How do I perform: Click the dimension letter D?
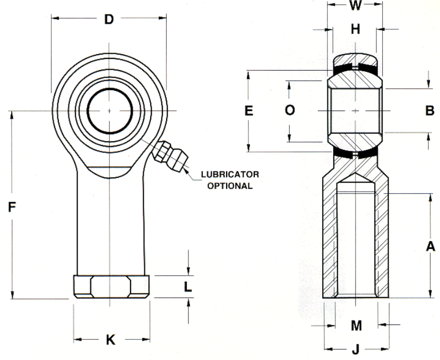109,19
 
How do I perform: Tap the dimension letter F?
12,207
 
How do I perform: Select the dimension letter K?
110,340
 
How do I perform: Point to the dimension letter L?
187,287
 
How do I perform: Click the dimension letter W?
355,5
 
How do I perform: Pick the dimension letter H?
355,29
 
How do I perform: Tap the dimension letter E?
248,110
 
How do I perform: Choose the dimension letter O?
290,110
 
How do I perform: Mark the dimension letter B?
429,110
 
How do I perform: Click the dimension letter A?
430,246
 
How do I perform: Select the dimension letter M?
356,325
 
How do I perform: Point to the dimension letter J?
356,349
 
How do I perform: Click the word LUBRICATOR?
230,174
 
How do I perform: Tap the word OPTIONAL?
230,186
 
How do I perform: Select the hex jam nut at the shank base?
111,286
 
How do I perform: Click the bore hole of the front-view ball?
110,110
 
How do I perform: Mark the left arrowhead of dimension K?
77,339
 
